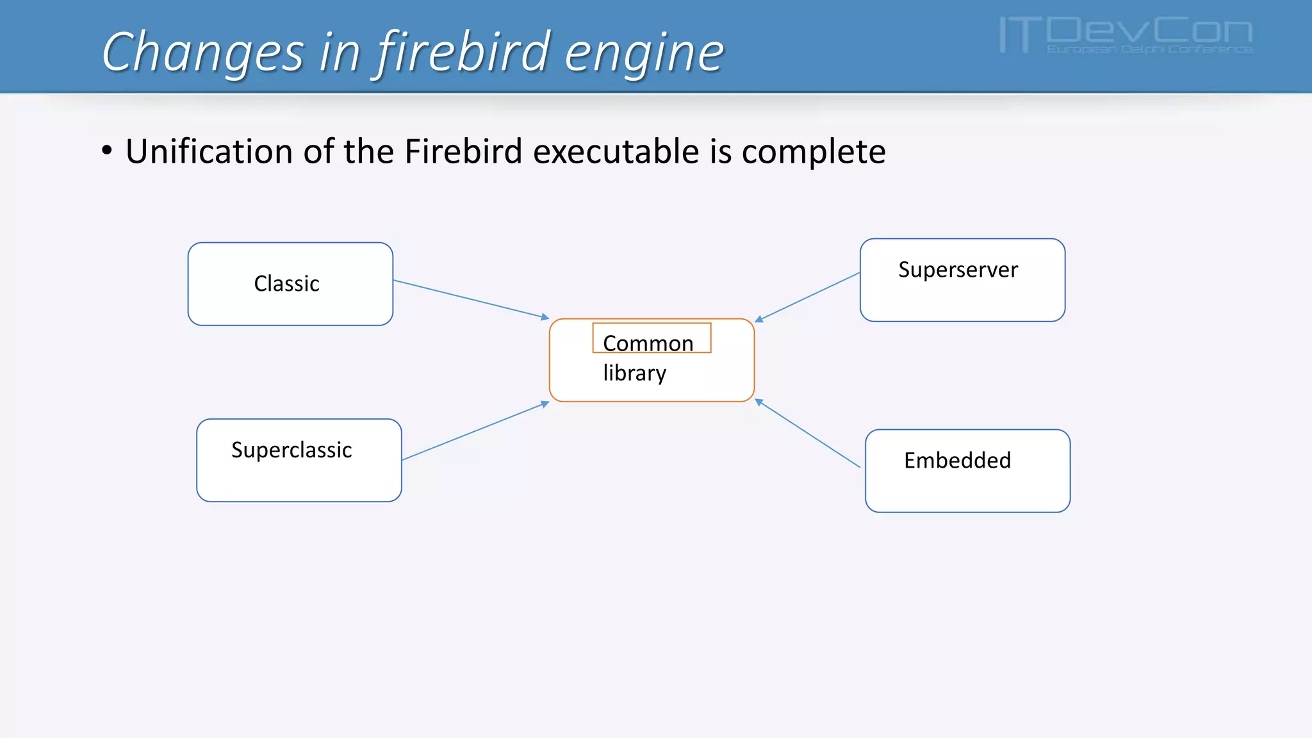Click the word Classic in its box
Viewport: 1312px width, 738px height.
(x=286, y=284)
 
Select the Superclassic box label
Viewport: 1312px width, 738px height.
(x=291, y=450)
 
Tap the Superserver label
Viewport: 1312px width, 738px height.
(x=958, y=270)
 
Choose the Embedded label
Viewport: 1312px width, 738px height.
(x=957, y=461)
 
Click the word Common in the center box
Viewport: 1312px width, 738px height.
(x=648, y=343)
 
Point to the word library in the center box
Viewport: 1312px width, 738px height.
(x=634, y=373)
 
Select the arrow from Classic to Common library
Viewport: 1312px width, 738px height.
(x=471, y=299)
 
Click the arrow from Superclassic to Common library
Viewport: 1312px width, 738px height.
(x=475, y=431)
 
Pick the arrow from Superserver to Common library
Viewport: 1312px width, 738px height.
(x=807, y=296)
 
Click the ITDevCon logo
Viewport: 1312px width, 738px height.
(x=1126, y=36)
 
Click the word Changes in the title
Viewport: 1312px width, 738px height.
(x=202, y=53)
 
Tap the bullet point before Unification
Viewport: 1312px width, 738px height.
(x=107, y=151)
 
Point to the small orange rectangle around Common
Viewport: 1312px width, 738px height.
(x=652, y=324)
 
